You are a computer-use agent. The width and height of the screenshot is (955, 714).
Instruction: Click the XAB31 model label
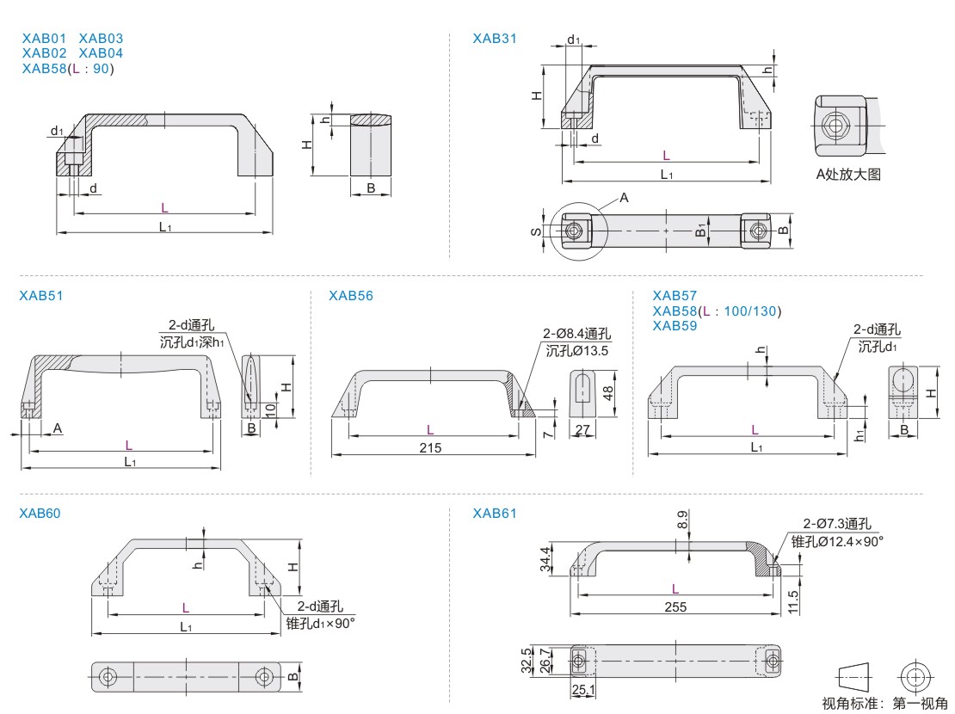tap(495, 38)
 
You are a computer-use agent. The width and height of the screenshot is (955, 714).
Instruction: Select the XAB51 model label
tap(41, 295)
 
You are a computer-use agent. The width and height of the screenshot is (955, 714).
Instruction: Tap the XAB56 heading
tap(351, 295)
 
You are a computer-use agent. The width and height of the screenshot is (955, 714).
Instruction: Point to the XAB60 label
tap(41, 514)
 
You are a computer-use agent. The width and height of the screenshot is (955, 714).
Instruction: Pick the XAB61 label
tap(495, 514)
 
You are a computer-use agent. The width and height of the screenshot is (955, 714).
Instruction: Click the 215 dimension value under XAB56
tap(430, 447)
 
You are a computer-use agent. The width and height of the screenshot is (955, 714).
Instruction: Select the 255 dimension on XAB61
tap(675, 606)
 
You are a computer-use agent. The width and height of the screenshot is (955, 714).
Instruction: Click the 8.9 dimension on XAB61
tap(682, 520)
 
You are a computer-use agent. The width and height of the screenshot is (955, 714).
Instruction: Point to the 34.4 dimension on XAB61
tap(545, 559)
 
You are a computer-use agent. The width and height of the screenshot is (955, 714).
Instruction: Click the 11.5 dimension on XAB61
tap(793, 600)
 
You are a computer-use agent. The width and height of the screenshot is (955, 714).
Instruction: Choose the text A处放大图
tap(848, 175)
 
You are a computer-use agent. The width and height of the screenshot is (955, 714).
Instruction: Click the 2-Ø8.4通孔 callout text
tap(576, 334)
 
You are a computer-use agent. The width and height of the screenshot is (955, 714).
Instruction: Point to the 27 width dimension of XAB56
tap(582, 428)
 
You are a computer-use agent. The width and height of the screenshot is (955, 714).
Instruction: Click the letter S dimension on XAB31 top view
tap(536, 231)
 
